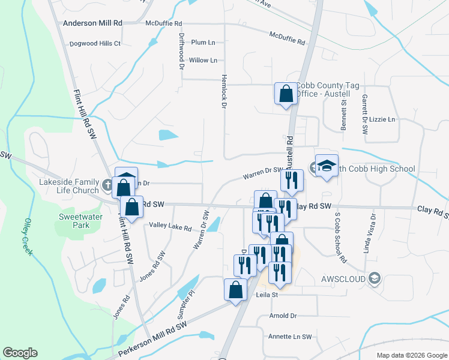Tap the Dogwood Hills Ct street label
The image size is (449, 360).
click(95, 44)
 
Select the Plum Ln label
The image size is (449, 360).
click(203, 43)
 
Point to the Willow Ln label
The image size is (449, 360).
click(203, 61)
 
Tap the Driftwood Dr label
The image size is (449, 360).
click(181, 51)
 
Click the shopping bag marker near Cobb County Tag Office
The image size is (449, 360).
click(286, 94)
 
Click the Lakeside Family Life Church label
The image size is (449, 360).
click(68, 187)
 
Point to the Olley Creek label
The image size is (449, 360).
click(27, 237)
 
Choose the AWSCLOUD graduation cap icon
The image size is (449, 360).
click(375, 278)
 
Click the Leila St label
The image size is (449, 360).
click(268, 295)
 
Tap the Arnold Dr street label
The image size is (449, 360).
click(283, 316)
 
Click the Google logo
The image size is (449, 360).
click(20, 353)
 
